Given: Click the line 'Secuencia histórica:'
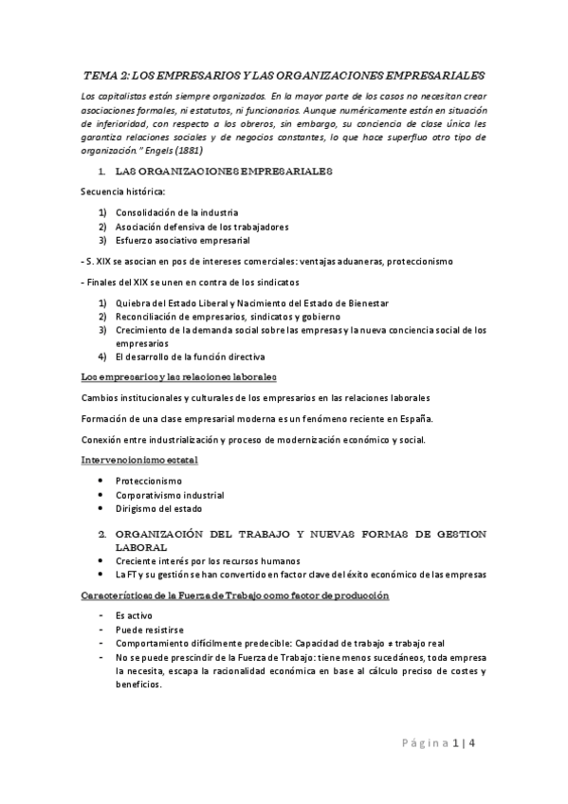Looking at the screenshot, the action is click(122, 192).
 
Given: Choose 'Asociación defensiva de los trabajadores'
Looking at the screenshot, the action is click(202, 227).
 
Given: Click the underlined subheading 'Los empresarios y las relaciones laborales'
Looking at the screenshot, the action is click(178, 377).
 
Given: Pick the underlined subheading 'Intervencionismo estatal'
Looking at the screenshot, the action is click(138, 460).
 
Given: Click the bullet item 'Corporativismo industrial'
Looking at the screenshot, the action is click(169, 495).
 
